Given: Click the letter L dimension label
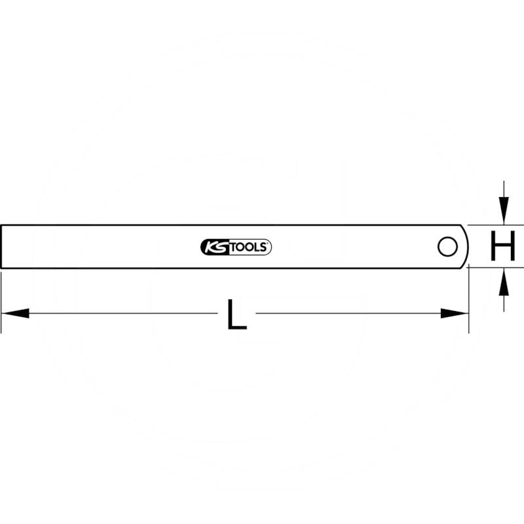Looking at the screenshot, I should point(236,314).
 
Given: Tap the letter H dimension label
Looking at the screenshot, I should point(502,247).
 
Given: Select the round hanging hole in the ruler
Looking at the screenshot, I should point(448,247).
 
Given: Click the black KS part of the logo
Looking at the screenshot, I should point(213,247).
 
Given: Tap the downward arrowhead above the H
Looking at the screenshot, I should point(503,210).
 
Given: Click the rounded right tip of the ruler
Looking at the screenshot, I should point(467,247).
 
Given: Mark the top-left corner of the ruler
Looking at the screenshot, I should point(2,226).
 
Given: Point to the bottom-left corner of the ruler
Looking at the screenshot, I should point(2,268).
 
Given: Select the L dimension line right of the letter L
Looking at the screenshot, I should point(347,314).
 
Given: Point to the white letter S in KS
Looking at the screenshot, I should point(218,247).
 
